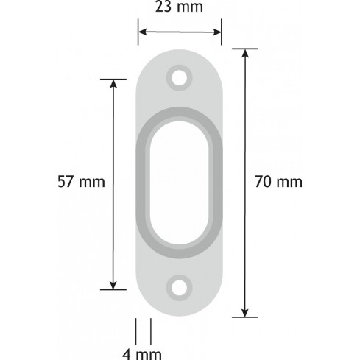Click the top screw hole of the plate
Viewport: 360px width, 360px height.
click(179, 76)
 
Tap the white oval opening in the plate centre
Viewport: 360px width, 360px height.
click(179, 181)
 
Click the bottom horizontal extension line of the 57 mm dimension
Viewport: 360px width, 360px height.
click(113, 290)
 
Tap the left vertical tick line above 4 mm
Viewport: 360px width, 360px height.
click(137, 328)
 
